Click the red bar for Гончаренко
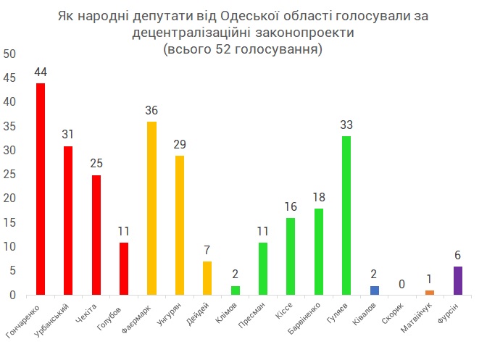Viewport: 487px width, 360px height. [41, 189]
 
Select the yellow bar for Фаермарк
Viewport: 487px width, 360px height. [151, 209]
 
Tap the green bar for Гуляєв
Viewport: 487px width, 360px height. [346, 216]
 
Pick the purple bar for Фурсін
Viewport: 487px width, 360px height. [458, 281]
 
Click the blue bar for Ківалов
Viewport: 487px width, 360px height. [374, 290]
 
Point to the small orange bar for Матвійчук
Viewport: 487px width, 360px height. [430, 293]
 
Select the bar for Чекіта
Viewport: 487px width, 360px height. [96, 235]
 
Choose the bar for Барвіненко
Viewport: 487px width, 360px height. [319, 251]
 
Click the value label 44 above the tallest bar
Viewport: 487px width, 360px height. [41, 72]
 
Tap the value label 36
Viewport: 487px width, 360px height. [151, 111]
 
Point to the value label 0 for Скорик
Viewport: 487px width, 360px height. [402, 285]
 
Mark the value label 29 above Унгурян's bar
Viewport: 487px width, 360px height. [180, 145]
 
